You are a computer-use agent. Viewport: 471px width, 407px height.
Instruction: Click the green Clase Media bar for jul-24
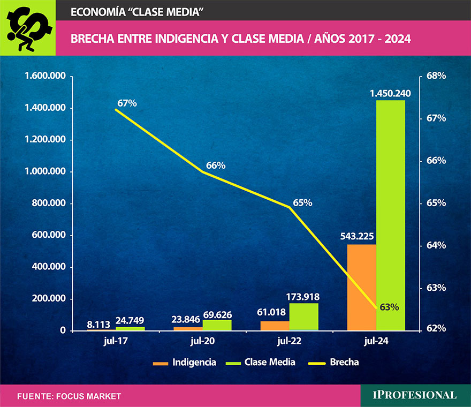tap(391, 214)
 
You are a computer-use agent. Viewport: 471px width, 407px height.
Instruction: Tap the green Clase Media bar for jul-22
tap(303, 316)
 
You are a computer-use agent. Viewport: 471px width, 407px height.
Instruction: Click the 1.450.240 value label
tap(390, 94)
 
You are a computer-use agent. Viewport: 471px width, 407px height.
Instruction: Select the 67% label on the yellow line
tap(127, 103)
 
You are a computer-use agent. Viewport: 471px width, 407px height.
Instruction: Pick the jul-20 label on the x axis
tap(202, 341)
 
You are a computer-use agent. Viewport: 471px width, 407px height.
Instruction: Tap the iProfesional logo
tap(415, 395)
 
